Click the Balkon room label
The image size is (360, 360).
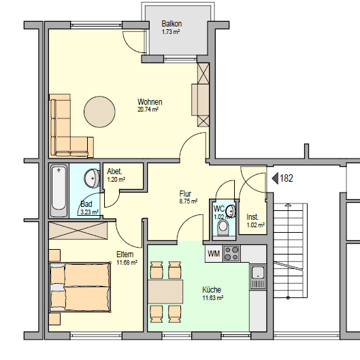(x=171, y=24)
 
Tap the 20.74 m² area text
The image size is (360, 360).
(x=148, y=110)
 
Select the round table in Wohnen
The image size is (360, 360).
(x=99, y=112)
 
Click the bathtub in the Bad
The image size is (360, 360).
(x=59, y=191)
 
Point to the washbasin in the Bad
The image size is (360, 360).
(x=92, y=178)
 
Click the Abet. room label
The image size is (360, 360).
(x=114, y=171)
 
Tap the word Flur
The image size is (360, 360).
(x=185, y=194)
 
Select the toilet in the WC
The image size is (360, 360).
(x=223, y=227)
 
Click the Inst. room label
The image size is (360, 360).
(x=252, y=217)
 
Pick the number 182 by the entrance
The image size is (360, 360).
(x=287, y=178)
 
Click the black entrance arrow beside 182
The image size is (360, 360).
(x=275, y=178)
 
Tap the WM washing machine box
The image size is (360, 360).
(x=214, y=253)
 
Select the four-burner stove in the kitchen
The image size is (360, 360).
(x=231, y=253)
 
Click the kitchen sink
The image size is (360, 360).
(x=258, y=277)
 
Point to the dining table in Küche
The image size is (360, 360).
(x=165, y=291)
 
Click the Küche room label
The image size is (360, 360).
(x=212, y=290)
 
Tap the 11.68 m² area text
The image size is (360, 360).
(x=127, y=262)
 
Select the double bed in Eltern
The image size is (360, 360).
(x=80, y=287)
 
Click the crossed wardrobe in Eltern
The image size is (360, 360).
(x=78, y=231)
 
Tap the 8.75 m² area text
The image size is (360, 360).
(x=189, y=201)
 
